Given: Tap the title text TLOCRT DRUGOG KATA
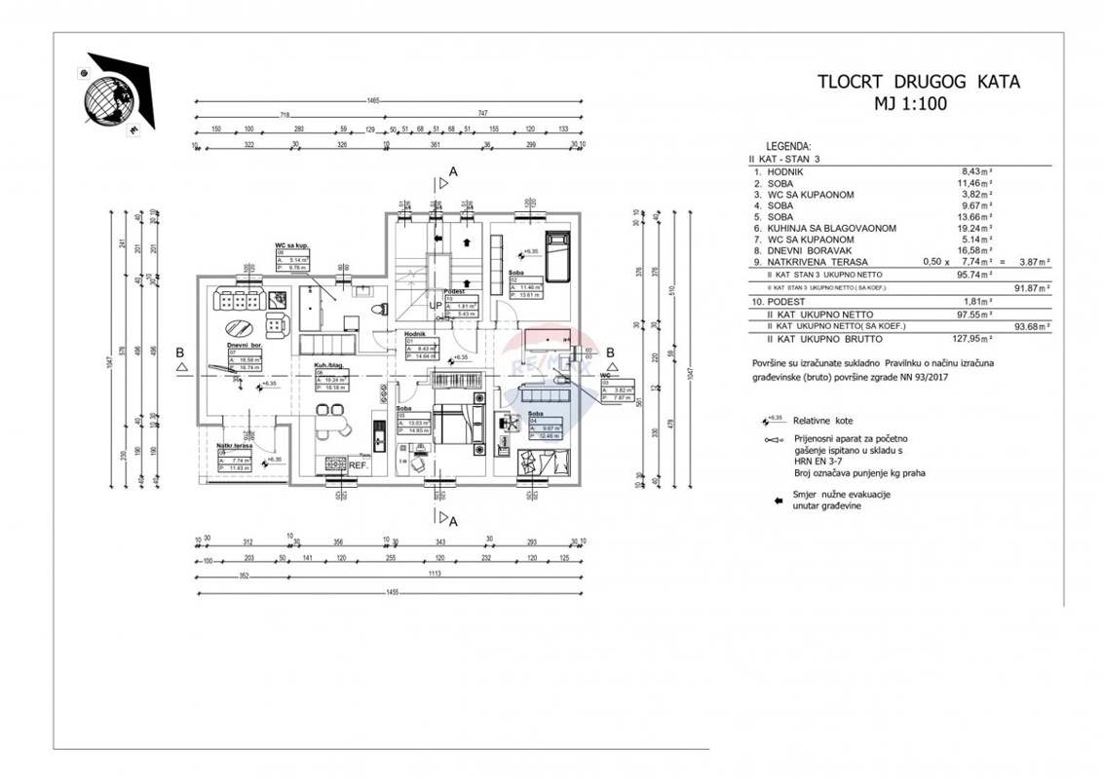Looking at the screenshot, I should tap(919, 82).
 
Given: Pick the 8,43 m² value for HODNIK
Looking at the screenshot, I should tap(976, 169).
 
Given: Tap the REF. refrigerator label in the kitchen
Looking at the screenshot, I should tap(358, 465).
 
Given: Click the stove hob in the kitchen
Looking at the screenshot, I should tap(334, 464).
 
